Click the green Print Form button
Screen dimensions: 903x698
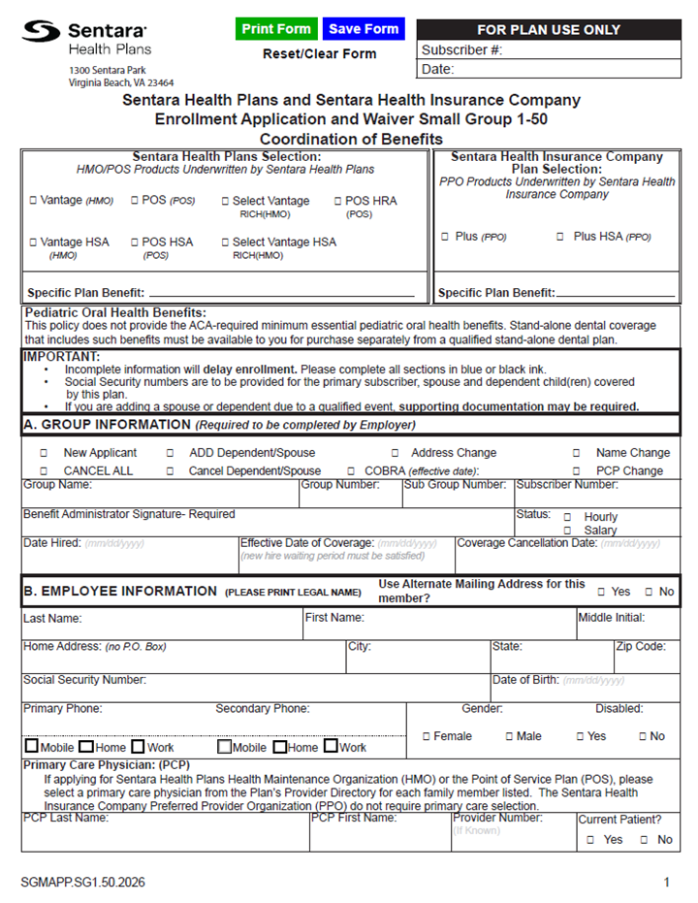point(276,29)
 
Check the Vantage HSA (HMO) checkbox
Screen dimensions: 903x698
point(33,242)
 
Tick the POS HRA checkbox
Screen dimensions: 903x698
point(337,202)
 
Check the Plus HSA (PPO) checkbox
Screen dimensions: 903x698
point(559,237)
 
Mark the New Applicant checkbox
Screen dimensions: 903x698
point(44,453)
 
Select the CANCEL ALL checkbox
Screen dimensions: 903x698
point(44,471)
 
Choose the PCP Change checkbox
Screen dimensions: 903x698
point(576,471)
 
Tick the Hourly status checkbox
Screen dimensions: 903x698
point(567,518)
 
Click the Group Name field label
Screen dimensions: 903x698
point(57,484)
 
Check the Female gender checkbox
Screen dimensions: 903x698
point(427,737)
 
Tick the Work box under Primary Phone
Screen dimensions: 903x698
point(138,747)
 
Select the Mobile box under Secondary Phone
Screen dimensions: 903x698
point(224,747)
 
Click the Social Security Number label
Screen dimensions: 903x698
point(84,680)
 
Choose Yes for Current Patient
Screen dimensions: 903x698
point(590,840)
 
